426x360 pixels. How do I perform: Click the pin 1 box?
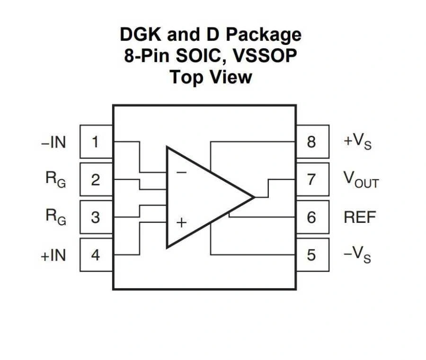coord(96,141)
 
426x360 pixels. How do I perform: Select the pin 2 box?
coord(96,179)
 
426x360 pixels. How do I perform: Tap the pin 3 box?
coord(96,217)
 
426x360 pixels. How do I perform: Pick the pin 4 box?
coord(96,255)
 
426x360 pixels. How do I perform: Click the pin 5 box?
coord(312,255)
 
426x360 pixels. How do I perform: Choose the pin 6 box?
coord(312,217)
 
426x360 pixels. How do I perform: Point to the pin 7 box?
coord(312,179)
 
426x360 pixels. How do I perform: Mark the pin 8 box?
coord(312,141)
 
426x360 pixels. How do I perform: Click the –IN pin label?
coord(53,142)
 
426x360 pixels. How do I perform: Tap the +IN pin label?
coord(53,255)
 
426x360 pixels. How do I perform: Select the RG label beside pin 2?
coord(55,179)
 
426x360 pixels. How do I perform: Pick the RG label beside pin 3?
coord(55,217)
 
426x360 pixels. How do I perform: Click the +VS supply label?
coord(357,142)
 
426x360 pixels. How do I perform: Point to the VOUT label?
coord(361,180)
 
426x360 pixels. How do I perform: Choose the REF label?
coord(360,217)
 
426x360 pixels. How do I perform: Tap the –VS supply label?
coord(357,255)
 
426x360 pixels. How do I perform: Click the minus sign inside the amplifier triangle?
coord(181,172)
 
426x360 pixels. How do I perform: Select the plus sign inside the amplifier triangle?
coord(181,222)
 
